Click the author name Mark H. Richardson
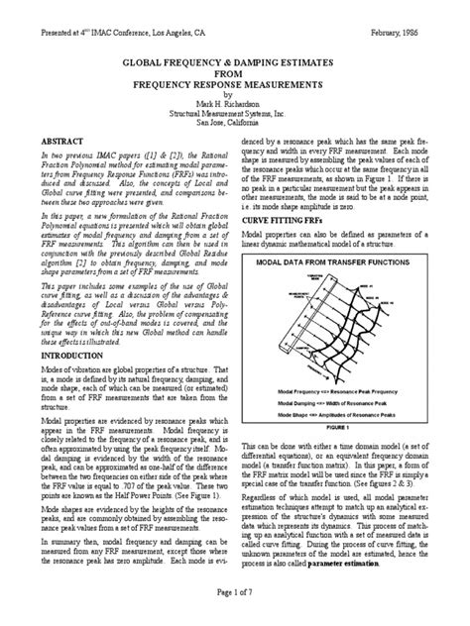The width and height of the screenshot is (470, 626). pyautogui.click(x=236, y=103)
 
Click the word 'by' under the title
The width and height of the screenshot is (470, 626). pyautogui.click(x=236, y=94)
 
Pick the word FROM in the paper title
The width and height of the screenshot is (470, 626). pyautogui.click(x=236, y=72)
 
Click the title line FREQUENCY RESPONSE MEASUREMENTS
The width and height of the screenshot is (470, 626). pyautogui.click(x=236, y=83)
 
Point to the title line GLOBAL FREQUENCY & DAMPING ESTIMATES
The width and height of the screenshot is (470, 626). pyautogui.click(x=236, y=61)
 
